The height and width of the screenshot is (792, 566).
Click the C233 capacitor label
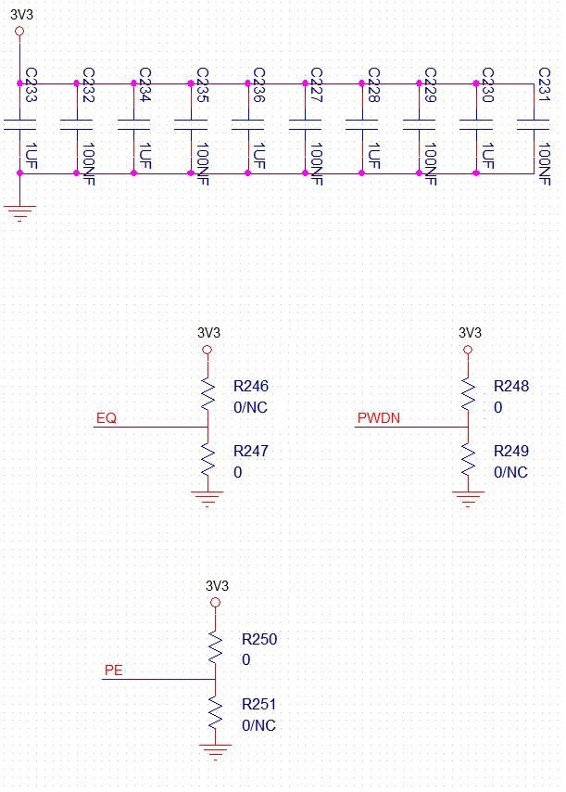click(x=31, y=85)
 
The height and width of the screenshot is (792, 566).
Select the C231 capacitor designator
click(x=545, y=85)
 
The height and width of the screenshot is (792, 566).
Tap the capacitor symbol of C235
click(x=191, y=125)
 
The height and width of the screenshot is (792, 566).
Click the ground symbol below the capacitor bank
click(x=19, y=213)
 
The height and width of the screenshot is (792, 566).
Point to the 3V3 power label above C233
click(x=21, y=15)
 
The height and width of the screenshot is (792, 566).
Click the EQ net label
click(x=107, y=418)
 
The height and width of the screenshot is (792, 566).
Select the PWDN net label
click(x=378, y=418)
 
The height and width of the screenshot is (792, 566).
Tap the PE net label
click(x=114, y=671)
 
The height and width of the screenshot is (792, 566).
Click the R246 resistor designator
click(x=251, y=387)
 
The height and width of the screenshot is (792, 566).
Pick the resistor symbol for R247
click(x=208, y=460)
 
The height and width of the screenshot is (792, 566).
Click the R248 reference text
click(x=511, y=387)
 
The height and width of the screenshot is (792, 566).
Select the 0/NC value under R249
click(x=510, y=472)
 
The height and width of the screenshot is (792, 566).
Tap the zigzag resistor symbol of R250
click(x=216, y=648)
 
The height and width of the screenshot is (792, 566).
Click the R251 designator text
click(x=258, y=704)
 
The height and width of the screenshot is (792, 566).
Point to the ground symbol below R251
click(x=216, y=751)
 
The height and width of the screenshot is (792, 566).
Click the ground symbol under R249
click(x=468, y=499)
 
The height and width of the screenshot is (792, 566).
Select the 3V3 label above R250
click(x=217, y=586)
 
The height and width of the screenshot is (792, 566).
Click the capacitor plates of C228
click(x=361, y=125)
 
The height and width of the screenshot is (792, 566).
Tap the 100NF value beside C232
click(x=89, y=163)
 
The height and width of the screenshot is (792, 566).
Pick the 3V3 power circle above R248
click(x=468, y=350)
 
